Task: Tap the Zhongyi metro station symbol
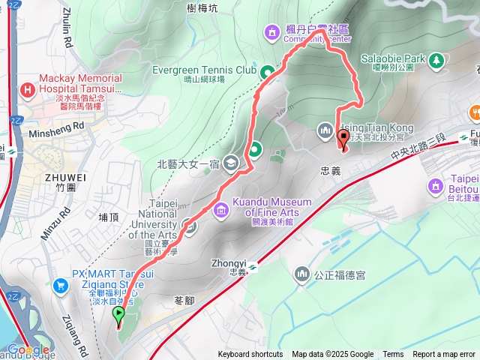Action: (x=253, y=266)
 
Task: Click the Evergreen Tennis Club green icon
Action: (x=266, y=72)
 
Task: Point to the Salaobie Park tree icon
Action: (x=435, y=58)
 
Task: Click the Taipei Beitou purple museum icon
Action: (x=435, y=184)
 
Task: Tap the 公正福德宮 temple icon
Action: (x=303, y=274)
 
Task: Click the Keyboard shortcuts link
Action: (x=250, y=355)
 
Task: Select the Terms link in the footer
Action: (x=393, y=355)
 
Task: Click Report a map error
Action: (x=445, y=355)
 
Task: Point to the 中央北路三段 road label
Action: (x=418, y=148)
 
